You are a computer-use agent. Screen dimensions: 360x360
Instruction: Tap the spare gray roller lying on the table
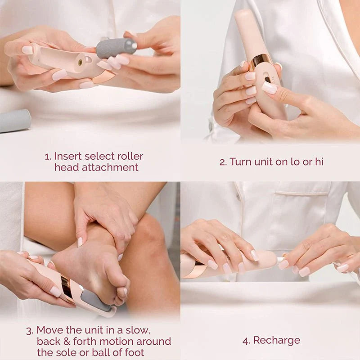14,121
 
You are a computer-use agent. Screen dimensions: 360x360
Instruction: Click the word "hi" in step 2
319,162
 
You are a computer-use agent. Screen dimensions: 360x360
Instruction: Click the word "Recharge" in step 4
277,340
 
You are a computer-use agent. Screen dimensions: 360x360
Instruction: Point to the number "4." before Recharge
246,341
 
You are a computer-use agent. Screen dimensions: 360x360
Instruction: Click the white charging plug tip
280,260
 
